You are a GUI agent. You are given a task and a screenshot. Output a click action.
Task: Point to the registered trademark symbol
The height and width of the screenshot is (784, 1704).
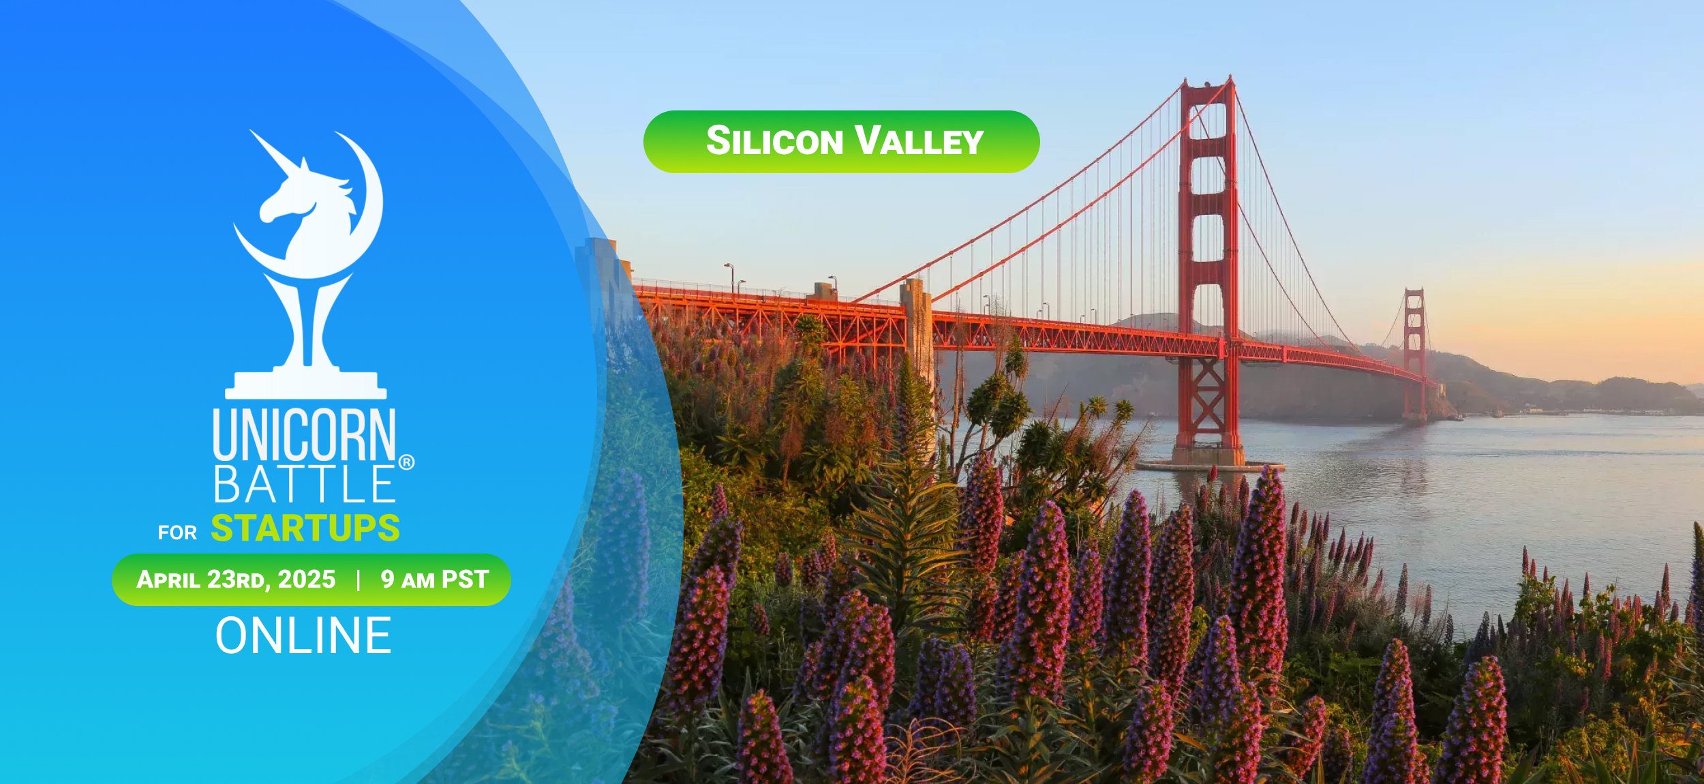point(406,462)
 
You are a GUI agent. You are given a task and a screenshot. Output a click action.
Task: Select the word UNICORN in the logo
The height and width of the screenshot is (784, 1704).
point(304,434)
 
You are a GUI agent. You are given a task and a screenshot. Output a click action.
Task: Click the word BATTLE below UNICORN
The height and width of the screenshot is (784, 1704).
point(304,484)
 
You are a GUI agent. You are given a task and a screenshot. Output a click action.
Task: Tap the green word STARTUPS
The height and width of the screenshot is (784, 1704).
point(305,528)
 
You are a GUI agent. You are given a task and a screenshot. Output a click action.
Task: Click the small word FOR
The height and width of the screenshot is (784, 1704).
point(177,532)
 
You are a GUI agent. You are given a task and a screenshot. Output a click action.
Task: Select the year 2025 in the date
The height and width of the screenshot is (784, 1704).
point(307,579)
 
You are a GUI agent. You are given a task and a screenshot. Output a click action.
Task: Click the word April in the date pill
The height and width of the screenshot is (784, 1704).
point(168,579)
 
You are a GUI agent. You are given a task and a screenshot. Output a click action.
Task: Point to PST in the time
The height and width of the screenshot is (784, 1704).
point(466,579)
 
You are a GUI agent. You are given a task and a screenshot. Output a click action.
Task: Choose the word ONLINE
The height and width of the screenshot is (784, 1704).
point(303,635)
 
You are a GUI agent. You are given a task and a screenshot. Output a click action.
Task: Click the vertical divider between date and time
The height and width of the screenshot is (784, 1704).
point(359,580)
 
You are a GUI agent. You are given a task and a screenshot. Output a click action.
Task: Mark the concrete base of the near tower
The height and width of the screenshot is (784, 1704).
point(1208,456)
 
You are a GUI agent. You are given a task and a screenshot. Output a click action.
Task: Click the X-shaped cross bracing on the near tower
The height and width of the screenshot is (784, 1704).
point(1207,403)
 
